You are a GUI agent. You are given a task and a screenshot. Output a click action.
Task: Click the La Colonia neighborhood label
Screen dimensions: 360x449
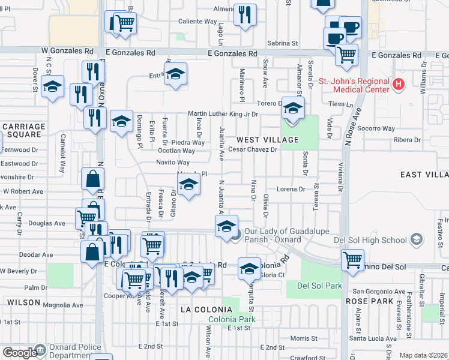click(206, 309)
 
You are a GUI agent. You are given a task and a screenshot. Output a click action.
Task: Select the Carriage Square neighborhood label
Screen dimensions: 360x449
click(23, 130)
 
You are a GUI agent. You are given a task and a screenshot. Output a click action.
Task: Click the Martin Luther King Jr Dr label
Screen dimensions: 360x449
click(223, 114)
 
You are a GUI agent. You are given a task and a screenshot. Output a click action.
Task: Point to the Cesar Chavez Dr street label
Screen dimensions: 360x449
click(252, 149)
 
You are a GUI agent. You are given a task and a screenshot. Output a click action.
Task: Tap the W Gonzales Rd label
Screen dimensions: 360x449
click(68, 52)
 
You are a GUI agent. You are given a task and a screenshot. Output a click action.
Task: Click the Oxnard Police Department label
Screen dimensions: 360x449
click(66, 352)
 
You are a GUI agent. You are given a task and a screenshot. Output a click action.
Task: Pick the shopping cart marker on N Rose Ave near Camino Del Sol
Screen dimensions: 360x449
click(352, 260)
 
